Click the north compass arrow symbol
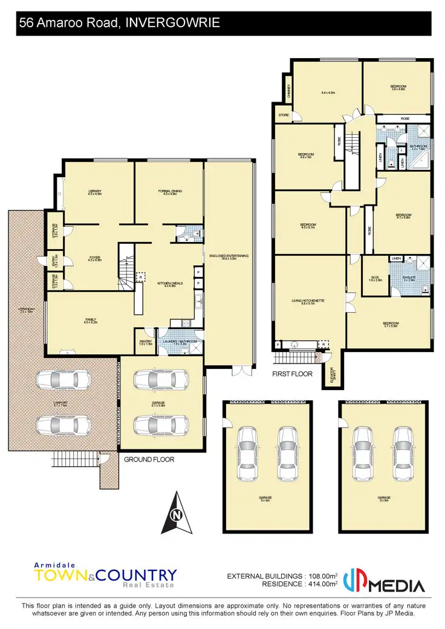coord(176,513)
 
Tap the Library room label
coord(94,193)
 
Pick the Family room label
coord(91,321)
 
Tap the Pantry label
coord(145,342)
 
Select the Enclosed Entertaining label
coord(229,257)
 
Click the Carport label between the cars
coord(60,403)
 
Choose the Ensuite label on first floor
coord(409,278)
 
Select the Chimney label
coord(289,91)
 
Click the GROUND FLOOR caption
coord(149,460)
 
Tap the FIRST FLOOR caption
coord(292,374)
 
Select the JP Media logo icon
coord(354,582)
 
